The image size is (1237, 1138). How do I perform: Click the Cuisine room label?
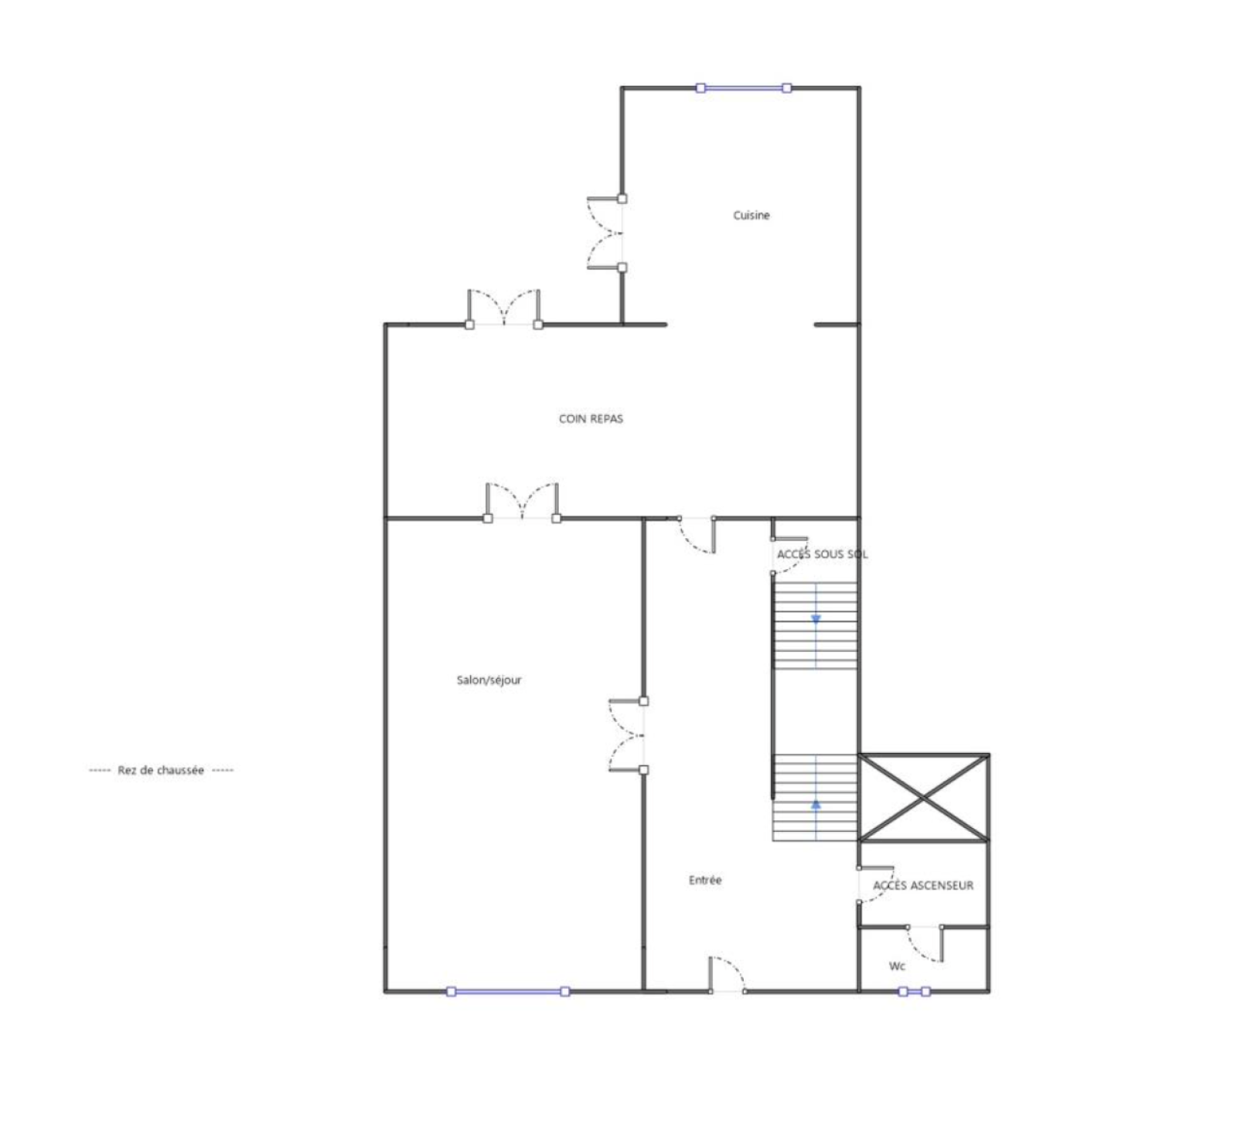pyautogui.click(x=751, y=215)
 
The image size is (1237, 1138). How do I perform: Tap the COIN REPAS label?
pyautogui.click(x=591, y=418)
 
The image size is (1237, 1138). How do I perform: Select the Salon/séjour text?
pyautogui.click(x=489, y=680)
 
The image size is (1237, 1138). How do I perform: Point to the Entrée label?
pyautogui.click(x=704, y=880)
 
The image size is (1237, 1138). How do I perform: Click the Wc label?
pyautogui.click(x=897, y=966)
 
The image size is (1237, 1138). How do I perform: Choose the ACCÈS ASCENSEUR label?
pyautogui.click(x=923, y=885)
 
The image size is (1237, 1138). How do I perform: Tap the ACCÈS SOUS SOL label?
pyautogui.click(x=822, y=554)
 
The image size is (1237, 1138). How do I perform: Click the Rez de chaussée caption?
pyautogui.click(x=161, y=770)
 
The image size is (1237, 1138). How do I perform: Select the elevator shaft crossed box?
pyautogui.click(x=924, y=797)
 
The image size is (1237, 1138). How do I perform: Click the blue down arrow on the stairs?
pyautogui.click(x=816, y=618)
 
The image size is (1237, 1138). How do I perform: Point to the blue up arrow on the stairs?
pyautogui.click(x=816, y=804)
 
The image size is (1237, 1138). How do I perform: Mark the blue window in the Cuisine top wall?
pyautogui.click(x=743, y=88)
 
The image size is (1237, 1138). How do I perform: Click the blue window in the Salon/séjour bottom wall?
pyautogui.click(x=508, y=991)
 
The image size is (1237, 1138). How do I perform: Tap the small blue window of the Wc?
pyautogui.click(x=914, y=991)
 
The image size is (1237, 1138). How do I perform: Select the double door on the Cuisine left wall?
pyautogui.click(x=605, y=233)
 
